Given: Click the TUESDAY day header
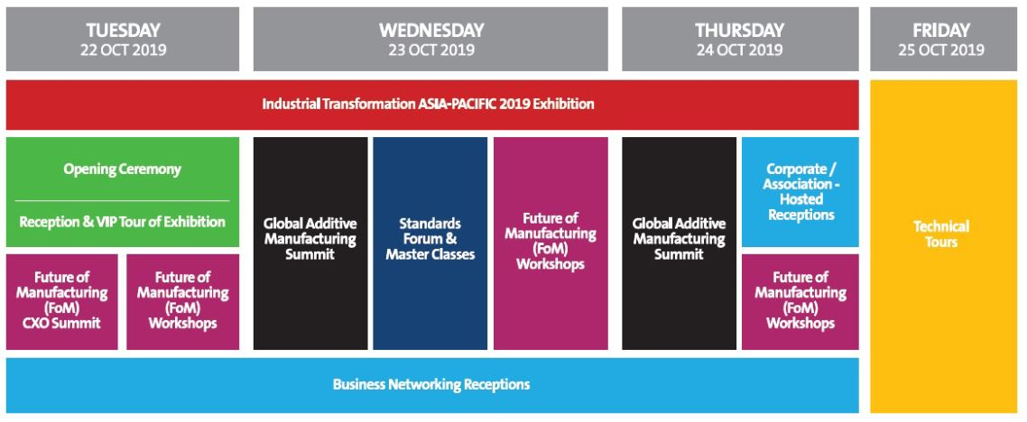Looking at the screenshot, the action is pos(123,40).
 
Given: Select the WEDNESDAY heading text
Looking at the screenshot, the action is pos(431,30).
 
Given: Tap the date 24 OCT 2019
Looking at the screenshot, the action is pos(739,50).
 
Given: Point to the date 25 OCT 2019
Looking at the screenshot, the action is pos(941,50).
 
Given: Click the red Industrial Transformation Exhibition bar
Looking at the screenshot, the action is pos(432,105).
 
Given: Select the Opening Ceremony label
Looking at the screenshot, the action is pos(123,170).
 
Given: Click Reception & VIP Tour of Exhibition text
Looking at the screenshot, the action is pos(123,222).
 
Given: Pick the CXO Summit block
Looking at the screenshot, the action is pos(62,301).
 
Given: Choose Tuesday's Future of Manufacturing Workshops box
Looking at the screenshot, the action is pos(182,301).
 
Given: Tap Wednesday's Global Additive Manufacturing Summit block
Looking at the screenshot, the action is pos(310,243).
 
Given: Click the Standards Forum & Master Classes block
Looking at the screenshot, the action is pos(430,243).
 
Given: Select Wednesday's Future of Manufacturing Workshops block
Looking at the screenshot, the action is pos(551,243).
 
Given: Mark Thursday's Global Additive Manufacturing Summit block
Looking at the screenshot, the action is pos(680,243).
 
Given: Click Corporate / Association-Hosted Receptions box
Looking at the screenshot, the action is pos(800,192).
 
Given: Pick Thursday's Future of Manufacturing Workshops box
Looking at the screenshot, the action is pos(800,301).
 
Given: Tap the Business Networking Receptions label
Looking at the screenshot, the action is pos(431,384).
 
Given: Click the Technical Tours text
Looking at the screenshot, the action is pos(941,234).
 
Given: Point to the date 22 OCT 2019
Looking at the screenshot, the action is pos(124,50).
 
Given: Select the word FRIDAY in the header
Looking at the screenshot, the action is pos(941,30).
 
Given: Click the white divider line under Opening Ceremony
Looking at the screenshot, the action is pos(123,200).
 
